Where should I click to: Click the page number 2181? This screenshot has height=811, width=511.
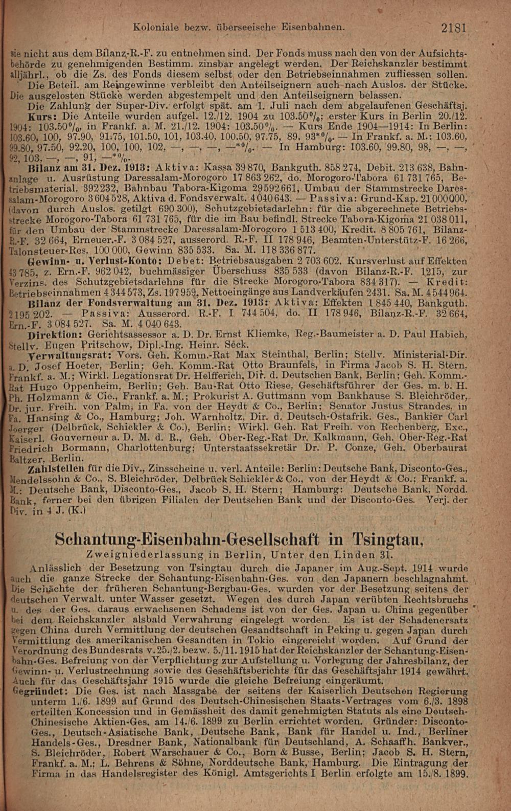(x=454, y=29)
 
